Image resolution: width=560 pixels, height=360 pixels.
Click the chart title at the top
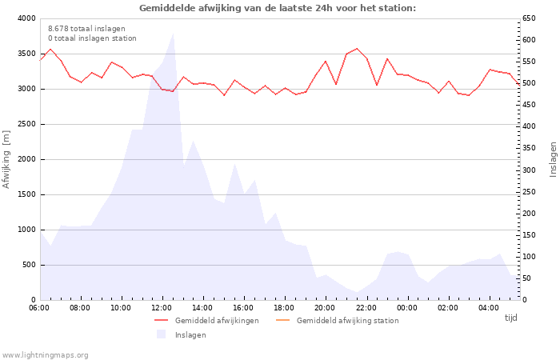point(278,8)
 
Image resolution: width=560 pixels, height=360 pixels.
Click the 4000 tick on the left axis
point(26,18)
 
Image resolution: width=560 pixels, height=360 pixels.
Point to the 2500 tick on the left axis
point(26,124)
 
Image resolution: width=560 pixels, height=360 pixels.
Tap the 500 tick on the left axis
point(28,265)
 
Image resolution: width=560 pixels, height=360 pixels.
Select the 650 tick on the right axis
point(530,18)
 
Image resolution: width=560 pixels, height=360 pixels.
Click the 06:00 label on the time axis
point(39,308)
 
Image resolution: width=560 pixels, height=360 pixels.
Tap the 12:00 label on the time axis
point(162,308)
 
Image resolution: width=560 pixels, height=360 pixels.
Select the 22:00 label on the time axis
point(366,308)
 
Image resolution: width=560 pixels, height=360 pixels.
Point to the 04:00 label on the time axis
point(488,308)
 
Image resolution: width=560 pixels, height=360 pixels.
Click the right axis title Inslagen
point(552,159)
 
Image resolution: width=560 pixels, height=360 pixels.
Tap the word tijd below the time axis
point(510,318)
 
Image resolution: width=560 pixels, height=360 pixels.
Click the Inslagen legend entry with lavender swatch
point(190,335)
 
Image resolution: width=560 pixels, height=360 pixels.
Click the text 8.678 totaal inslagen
point(86,29)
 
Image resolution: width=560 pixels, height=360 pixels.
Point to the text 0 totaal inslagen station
point(92,38)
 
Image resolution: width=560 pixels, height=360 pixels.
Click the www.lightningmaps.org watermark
point(45,355)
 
